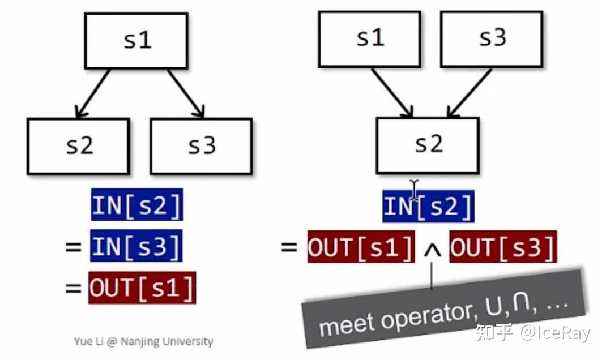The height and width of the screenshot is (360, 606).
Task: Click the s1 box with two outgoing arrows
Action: click(136, 41)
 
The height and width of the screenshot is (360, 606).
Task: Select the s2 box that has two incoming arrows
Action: click(428, 145)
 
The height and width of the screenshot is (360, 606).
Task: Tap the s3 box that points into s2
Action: click(491, 38)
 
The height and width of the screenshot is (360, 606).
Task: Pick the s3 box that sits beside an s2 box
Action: click(201, 146)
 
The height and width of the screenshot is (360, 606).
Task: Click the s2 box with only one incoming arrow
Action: click(78, 146)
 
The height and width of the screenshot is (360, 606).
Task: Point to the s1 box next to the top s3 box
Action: click(369, 38)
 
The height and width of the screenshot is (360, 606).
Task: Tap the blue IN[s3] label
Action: click(136, 246)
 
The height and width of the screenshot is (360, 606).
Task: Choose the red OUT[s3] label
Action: click(503, 247)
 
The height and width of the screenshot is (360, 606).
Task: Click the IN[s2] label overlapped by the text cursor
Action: click(428, 207)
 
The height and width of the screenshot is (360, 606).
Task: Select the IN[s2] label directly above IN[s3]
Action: click(137, 205)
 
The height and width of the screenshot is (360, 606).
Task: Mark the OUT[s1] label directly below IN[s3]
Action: click(142, 288)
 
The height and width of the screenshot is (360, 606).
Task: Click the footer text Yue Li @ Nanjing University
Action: click(143, 341)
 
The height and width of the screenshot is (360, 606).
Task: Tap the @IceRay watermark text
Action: click(555, 333)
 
